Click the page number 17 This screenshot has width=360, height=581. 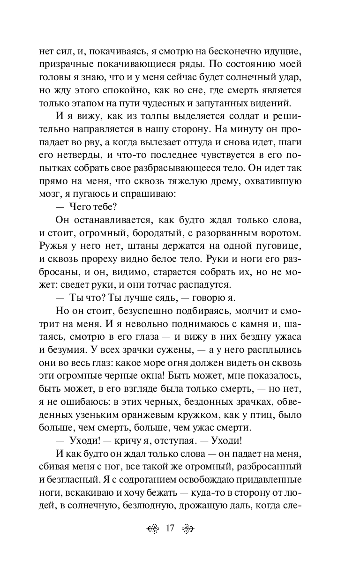click(169, 529)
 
